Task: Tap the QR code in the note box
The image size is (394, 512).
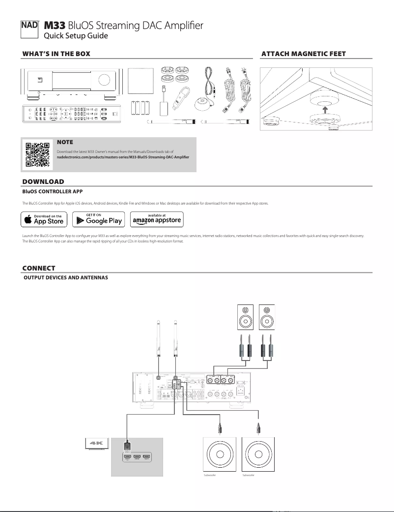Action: [x=37, y=154]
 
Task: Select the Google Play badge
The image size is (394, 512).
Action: [x=98, y=219]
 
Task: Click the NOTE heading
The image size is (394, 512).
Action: [x=65, y=143]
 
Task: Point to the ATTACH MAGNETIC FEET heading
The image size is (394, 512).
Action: [x=304, y=53]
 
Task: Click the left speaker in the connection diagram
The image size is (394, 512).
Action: [x=245, y=317]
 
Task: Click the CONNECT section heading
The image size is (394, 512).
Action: [x=39, y=268]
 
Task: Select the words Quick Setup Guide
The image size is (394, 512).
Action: [x=76, y=36]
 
